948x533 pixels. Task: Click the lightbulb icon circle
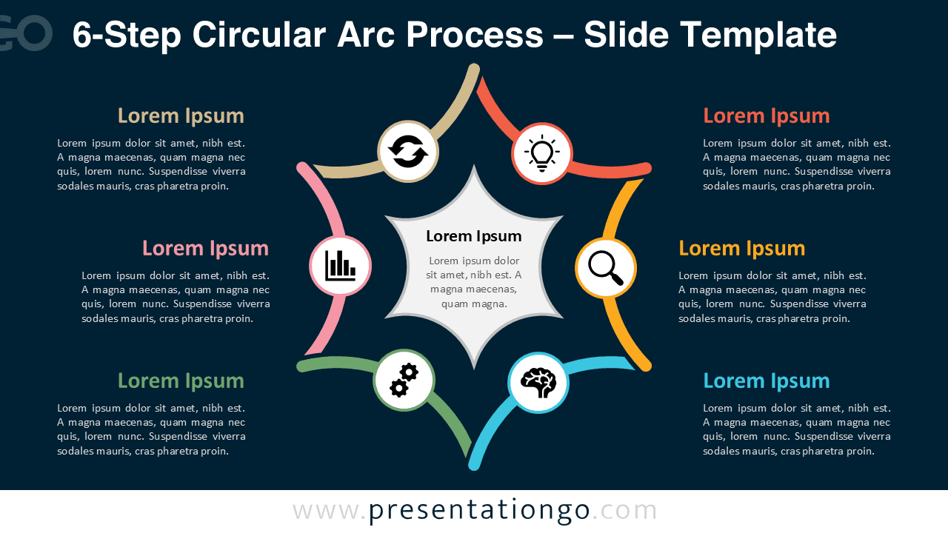[x=542, y=153]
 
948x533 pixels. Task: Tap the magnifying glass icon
[x=606, y=268]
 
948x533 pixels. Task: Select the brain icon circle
[x=538, y=383]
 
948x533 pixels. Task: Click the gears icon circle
[x=404, y=380]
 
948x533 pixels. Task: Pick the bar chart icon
[x=340, y=266]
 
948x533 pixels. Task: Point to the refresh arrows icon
[x=408, y=151]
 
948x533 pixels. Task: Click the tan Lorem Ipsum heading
[x=181, y=115]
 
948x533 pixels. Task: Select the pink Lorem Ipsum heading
[x=205, y=248]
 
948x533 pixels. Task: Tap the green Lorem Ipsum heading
[x=181, y=381]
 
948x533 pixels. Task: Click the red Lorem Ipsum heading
[x=766, y=115]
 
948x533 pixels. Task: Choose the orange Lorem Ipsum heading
[x=741, y=248]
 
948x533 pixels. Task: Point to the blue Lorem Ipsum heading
[x=766, y=381]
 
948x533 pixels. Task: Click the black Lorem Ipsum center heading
[x=474, y=236]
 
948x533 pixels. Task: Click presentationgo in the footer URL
[x=479, y=510]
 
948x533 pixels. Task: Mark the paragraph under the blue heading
[x=797, y=429]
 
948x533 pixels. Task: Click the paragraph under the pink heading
[x=176, y=297]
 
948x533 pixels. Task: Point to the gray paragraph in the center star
[x=474, y=282]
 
